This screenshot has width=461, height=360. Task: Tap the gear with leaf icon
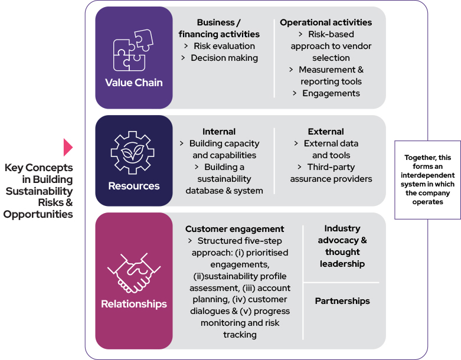134,152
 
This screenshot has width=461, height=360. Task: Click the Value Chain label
134,82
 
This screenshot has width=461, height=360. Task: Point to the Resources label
134,186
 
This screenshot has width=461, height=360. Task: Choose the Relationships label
134,305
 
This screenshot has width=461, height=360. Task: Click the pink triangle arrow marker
68,147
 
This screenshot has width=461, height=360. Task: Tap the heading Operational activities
326,22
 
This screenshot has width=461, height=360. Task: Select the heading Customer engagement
234,229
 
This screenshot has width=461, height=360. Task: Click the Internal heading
219,132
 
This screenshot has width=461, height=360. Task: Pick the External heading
326,132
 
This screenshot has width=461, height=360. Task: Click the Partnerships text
342,301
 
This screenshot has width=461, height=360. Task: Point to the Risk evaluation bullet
224,46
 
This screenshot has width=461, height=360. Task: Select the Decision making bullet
224,58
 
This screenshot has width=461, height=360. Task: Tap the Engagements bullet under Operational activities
331,93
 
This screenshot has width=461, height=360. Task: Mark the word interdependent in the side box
427,175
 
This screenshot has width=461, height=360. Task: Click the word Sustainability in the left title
40,191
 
